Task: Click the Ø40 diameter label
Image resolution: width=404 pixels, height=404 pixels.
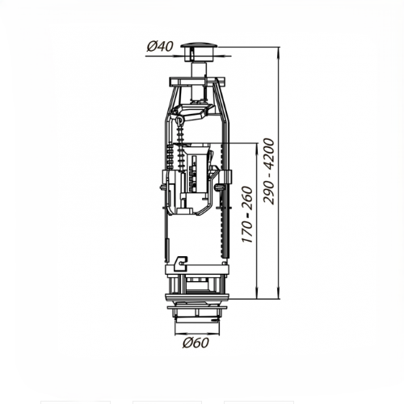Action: [x=160, y=47]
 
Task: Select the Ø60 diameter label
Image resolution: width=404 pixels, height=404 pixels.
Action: [x=196, y=343]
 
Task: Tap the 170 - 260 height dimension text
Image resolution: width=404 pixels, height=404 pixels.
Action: [x=247, y=214]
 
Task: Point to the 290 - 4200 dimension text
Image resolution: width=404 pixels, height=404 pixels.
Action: [x=269, y=171]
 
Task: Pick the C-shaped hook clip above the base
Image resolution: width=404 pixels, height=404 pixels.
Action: [x=181, y=263]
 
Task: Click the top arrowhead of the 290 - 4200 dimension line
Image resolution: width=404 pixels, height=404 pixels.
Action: [x=279, y=52]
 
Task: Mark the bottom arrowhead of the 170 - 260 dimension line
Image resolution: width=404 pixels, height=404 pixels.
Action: [x=257, y=294]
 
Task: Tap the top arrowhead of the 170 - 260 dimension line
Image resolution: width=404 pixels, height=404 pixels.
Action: [x=257, y=147]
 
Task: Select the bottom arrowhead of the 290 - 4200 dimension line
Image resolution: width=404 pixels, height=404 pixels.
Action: [x=279, y=294]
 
